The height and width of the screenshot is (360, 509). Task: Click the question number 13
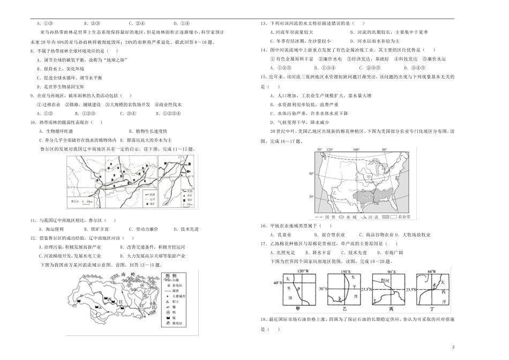(x=263, y=24)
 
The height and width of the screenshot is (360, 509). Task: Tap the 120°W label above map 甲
(x=302, y=271)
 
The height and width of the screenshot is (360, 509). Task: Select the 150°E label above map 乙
(x=347, y=271)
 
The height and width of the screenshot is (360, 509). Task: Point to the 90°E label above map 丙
(x=391, y=271)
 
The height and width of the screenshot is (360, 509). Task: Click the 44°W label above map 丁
(x=432, y=271)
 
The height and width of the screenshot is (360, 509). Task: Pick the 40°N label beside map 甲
(x=277, y=282)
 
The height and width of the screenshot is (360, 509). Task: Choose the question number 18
(x=263, y=320)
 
